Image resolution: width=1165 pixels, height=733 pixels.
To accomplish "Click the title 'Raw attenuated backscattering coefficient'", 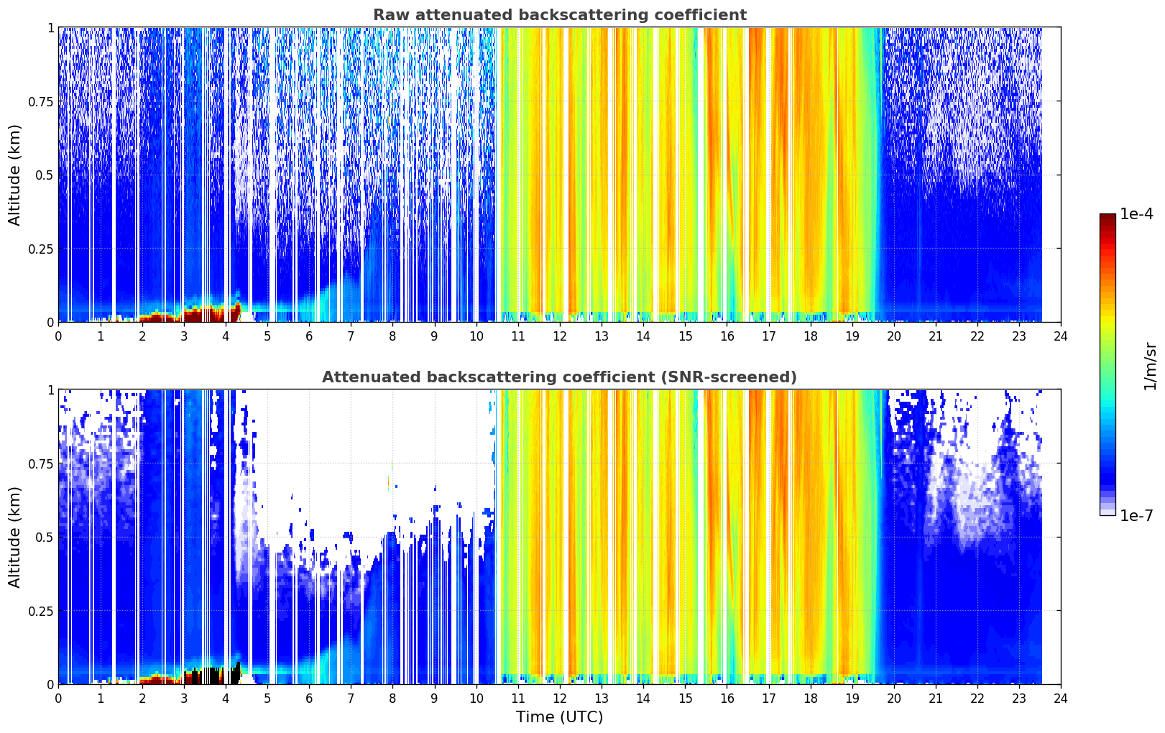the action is pos(560,14).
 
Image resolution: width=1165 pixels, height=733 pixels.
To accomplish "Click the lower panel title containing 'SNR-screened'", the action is pos(560,377).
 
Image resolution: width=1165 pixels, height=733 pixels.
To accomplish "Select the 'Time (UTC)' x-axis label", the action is pos(560,717).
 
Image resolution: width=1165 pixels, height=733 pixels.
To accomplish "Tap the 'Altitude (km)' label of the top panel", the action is pos(14,175).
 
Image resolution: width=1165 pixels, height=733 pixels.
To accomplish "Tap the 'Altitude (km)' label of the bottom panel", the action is pos(14,537).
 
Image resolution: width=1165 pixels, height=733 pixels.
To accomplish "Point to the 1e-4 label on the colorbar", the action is pos(1136,213).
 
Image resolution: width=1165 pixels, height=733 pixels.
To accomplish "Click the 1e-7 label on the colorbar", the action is pos(1136,515).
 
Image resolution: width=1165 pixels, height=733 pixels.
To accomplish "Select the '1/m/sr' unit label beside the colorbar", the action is pos(1150,366).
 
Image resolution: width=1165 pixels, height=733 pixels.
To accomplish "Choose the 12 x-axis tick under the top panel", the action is pos(560,336).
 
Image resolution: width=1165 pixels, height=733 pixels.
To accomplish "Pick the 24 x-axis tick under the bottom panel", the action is pos(1061,699).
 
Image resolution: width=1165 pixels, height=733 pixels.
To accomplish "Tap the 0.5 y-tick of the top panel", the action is pos(45,175).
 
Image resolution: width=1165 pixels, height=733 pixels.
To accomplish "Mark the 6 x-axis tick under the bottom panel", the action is pos(309,699).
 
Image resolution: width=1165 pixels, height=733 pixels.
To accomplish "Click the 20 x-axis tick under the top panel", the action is pos(894,336).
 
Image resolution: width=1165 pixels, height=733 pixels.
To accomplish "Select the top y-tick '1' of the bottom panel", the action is pos(51,390).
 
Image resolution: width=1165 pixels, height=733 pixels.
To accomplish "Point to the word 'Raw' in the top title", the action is pos(391,14).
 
